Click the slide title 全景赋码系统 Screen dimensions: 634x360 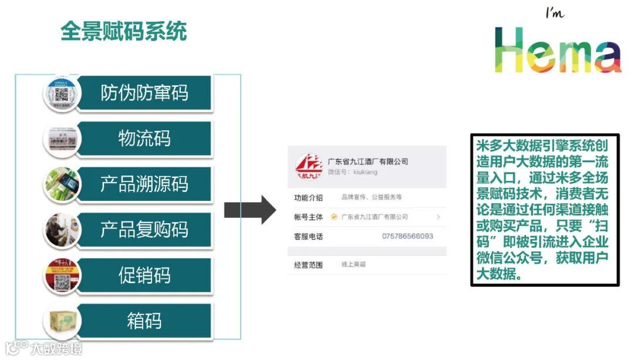pos(124,31)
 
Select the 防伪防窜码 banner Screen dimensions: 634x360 pos(144,93)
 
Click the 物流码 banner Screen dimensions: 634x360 pos(144,139)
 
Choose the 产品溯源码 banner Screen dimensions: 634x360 pos(144,184)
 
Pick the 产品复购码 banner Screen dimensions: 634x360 pos(144,230)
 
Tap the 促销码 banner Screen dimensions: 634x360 pos(144,275)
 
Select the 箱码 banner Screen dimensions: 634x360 pos(144,321)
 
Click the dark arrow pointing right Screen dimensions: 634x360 pos(249,209)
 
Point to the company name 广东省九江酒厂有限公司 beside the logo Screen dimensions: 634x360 pos(367,162)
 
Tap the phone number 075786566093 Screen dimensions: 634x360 pos(407,236)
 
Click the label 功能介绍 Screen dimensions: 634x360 pos(309,197)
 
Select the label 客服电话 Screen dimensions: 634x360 pos(309,236)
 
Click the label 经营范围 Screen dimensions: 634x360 pos(309,264)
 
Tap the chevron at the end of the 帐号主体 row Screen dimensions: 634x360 pos(438,217)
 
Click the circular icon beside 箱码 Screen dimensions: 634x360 pos(62,321)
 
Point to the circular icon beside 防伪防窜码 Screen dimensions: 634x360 pos(62,93)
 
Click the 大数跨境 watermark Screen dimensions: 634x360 pos(44,348)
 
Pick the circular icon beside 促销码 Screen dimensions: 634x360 pos(62,275)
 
